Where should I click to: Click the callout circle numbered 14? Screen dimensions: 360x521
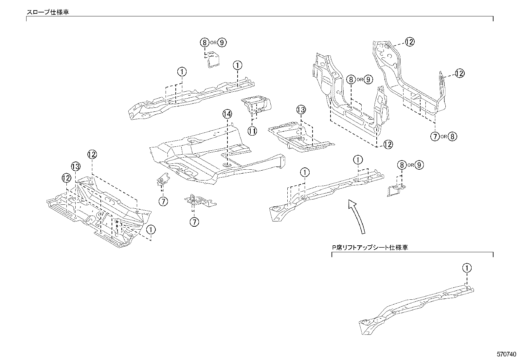click(x=227, y=114)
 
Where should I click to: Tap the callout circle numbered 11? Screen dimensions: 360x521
click(x=252, y=131)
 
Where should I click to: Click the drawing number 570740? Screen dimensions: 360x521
click(x=507, y=354)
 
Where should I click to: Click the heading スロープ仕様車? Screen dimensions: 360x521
click(x=48, y=12)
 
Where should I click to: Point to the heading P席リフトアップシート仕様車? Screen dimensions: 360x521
click(x=370, y=248)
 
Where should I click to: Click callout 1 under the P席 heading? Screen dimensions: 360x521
click(x=467, y=268)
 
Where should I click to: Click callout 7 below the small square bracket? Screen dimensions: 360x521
click(x=163, y=201)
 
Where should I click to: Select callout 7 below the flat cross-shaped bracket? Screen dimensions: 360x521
click(x=194, y=222)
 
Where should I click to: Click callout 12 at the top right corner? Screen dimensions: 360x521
click(x=410, y=42)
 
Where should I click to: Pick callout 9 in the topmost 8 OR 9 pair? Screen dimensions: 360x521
click(x=222, y=42)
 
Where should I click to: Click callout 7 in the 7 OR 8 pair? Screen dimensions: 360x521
click(x=435, y=136)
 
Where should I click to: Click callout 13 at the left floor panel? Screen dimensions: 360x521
click(x=76, y=166)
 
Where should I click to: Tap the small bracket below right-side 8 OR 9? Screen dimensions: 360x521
click(x=395, y=191)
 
